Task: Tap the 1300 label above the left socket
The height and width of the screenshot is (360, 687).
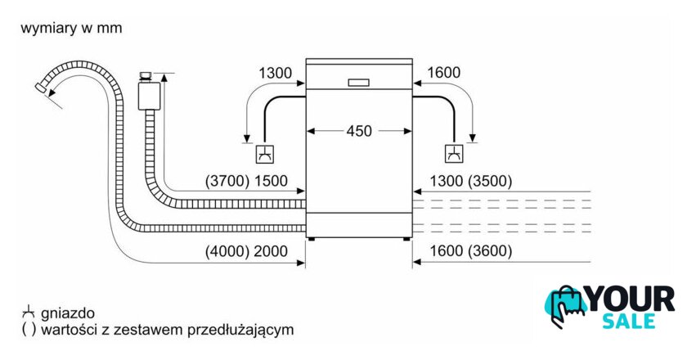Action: (x=276, y=74)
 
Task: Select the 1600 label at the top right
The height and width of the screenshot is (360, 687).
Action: (x=444, y=74)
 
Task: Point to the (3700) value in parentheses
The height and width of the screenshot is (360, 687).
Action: (x=227, y=182)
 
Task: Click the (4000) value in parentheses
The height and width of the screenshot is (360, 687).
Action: (x=227, y=252)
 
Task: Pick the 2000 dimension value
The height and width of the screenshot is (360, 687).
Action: (x=271, y=252)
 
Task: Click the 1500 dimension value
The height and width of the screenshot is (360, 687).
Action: (x=271, y=182)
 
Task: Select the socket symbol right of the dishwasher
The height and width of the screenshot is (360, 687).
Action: (x=453, y=153)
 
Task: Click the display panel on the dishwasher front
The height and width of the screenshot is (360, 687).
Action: (x=359, y=82)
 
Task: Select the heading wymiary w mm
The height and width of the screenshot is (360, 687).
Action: (x=71, y=28)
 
